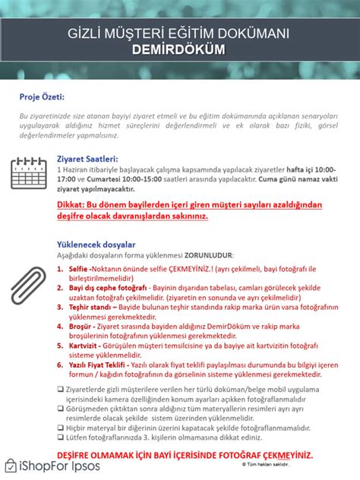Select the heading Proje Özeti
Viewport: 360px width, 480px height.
tap(42, 97)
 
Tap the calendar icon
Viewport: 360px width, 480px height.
tap(29, 174)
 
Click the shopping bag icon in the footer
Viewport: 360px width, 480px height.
tap(11, 466)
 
